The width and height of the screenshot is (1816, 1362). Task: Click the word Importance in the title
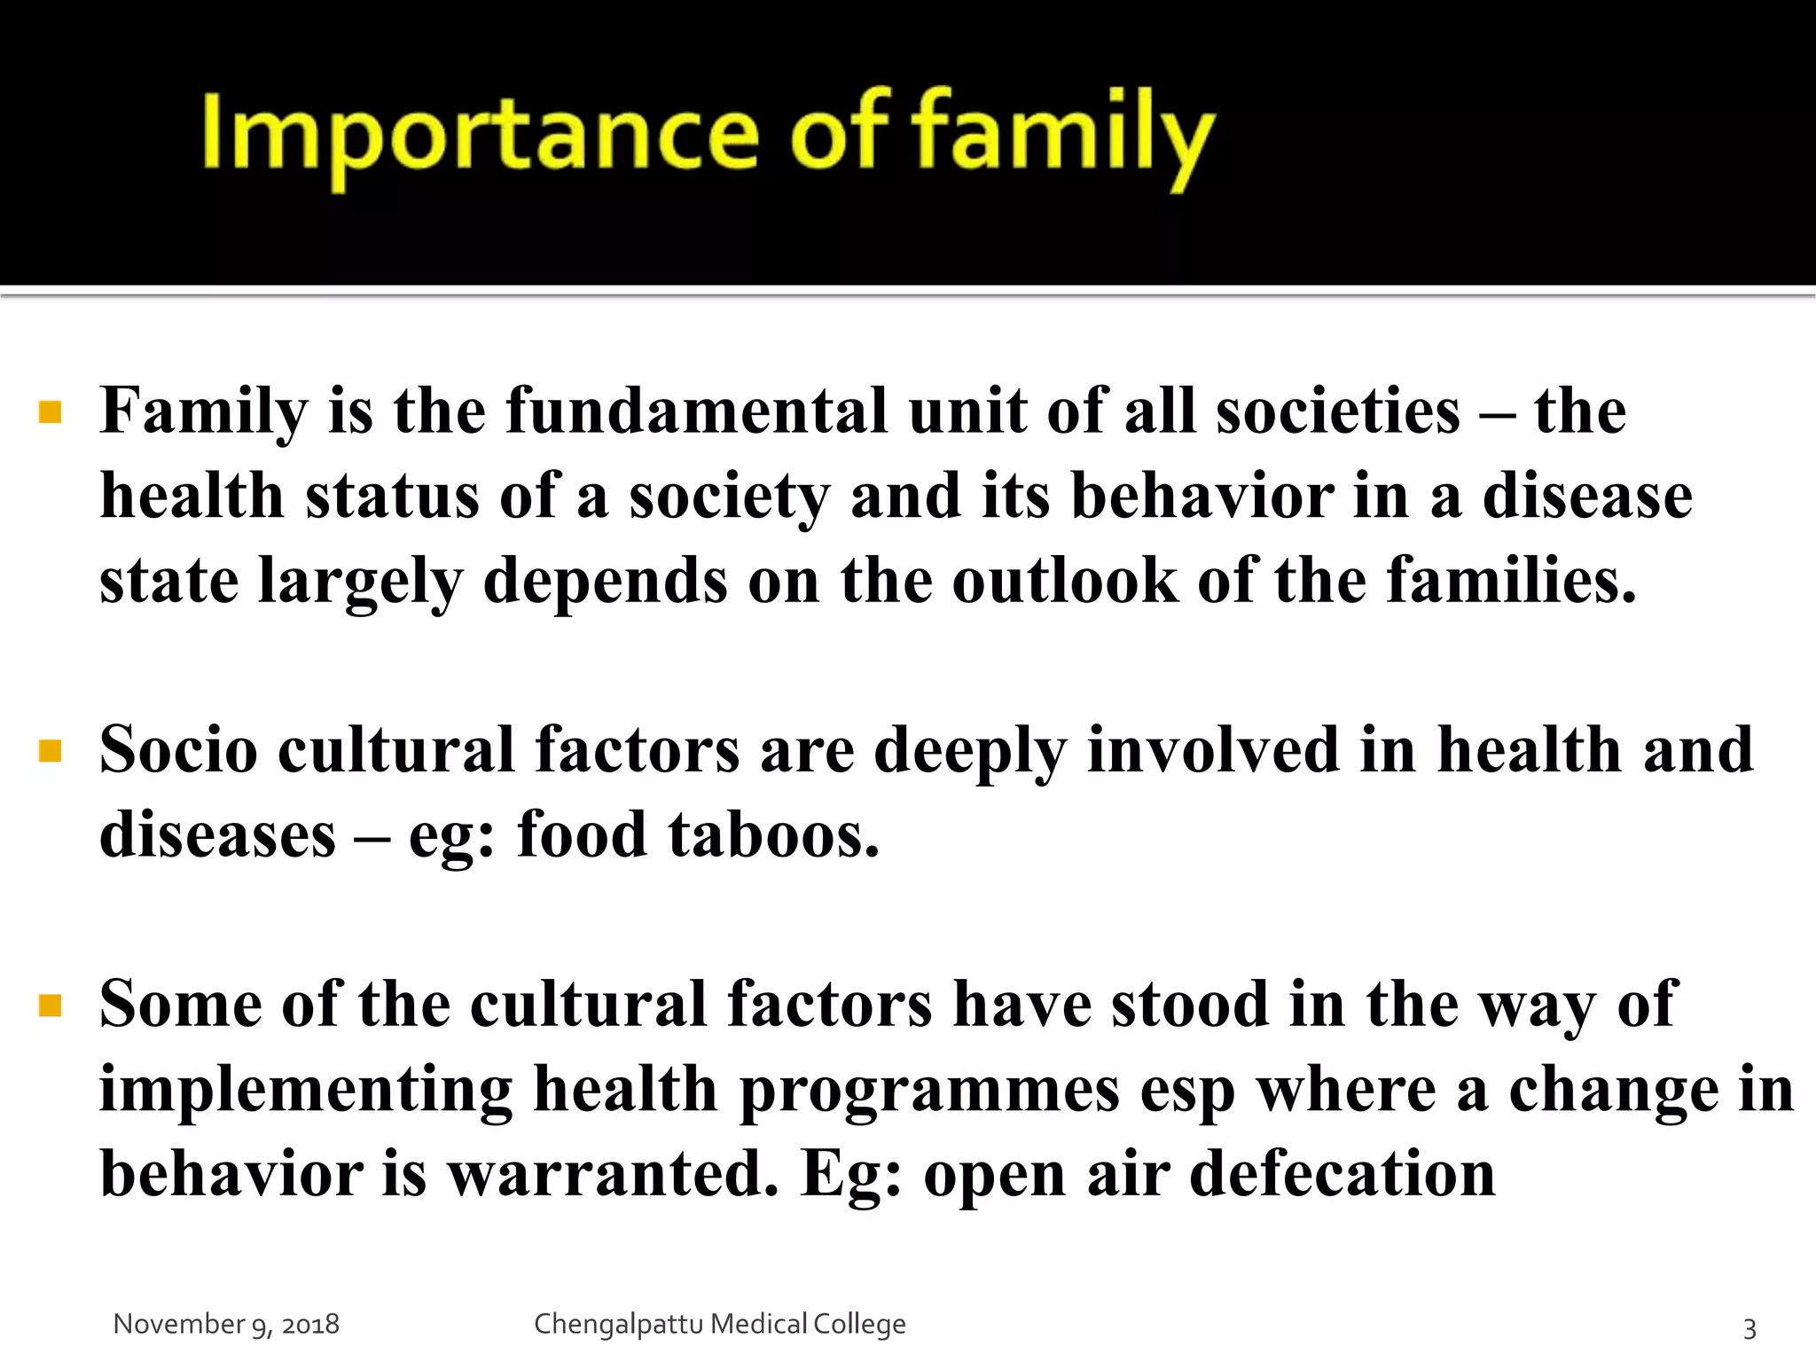click(x=480, y=134)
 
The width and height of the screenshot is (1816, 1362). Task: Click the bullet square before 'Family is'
click(x=51, y=412)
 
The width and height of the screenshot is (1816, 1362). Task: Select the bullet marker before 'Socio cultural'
click(x=51, y=752)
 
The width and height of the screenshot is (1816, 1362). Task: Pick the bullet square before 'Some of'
click(x=51, y=1006)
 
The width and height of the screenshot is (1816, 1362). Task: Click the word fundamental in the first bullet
click(x=696, y=411)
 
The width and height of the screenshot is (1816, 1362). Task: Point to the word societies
click(x=1337, y=411)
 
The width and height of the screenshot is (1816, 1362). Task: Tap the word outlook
click(x=1065, y=581)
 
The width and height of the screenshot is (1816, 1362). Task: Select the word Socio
click(x=178, y=750)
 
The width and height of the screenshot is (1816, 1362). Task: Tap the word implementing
click(x=306, y=1090)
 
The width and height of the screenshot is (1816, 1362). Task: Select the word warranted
click(x=612, y=1174)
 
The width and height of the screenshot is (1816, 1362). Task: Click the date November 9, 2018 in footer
click(x=226, y=1324)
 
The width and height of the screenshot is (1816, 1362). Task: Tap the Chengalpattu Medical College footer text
click(x=719, y=1324)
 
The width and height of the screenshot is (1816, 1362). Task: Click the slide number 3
click(x=1749, y=1328)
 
